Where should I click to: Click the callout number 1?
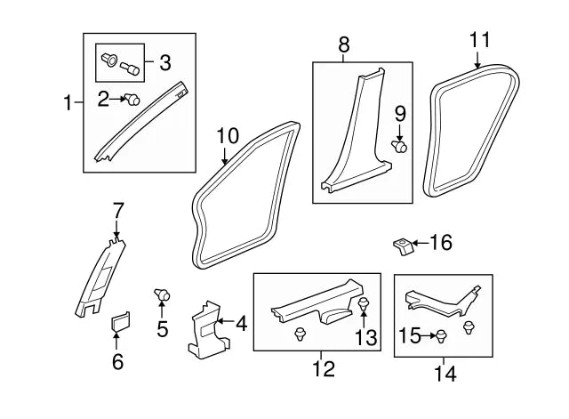(68, 104)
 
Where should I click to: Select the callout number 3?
(165, 63)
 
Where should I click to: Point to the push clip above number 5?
(162, 294)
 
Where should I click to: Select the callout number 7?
(118, 211)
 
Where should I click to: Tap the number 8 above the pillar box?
(344, 43)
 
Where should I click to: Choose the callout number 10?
(228, 136)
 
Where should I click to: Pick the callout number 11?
(479, 40)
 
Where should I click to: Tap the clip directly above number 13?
(365, 307)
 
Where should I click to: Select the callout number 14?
(445, 374)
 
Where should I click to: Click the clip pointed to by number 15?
(440, 335)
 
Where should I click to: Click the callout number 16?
(441, 243)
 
